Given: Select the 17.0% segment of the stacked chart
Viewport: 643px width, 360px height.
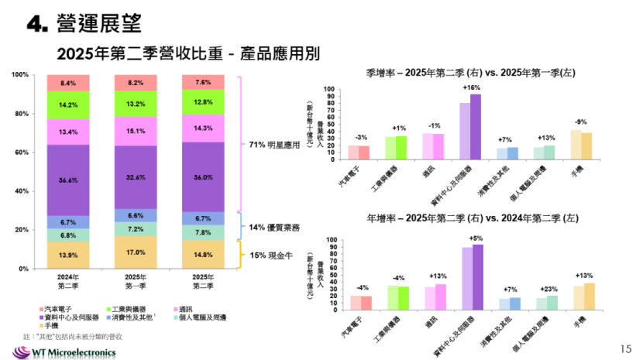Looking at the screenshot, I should point(135,252).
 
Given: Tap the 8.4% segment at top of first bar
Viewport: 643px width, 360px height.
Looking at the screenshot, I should point(67,83).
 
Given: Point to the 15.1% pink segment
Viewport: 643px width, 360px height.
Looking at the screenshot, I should point(135,131).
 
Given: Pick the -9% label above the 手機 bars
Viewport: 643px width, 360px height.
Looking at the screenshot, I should point(580,122).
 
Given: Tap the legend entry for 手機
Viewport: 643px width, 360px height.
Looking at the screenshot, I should point(59,327).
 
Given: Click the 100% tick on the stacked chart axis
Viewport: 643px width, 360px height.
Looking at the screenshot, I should point(20,74).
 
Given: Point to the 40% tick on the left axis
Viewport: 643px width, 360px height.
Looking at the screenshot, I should point(22,190).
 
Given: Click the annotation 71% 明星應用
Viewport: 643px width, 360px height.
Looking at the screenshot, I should point(273,144).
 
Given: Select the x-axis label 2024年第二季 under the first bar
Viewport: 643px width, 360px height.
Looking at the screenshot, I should point(67,281).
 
